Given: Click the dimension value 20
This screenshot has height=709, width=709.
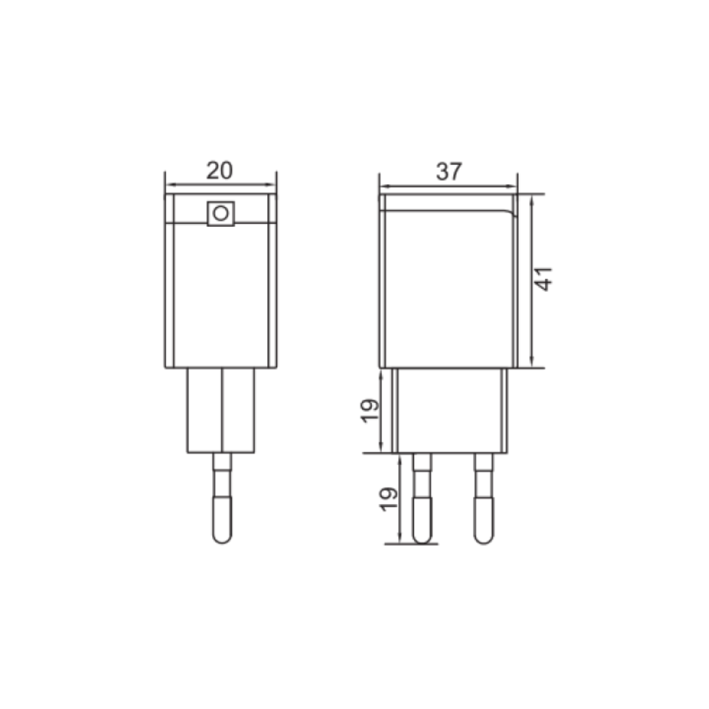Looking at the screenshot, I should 219,171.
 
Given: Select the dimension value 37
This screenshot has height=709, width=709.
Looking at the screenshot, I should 449,172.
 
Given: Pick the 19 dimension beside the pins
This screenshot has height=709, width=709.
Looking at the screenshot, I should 389,498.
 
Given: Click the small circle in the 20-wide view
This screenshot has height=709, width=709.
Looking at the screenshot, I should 220,213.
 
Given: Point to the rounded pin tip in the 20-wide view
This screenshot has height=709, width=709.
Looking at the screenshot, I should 222,532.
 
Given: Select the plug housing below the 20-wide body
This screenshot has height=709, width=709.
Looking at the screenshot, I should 220,410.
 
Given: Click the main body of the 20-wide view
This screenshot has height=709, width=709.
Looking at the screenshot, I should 220,295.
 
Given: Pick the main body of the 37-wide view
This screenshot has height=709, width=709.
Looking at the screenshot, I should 448,289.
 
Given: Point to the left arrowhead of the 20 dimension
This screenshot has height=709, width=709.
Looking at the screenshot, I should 168,185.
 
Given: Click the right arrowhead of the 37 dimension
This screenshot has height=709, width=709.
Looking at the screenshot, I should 514,186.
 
